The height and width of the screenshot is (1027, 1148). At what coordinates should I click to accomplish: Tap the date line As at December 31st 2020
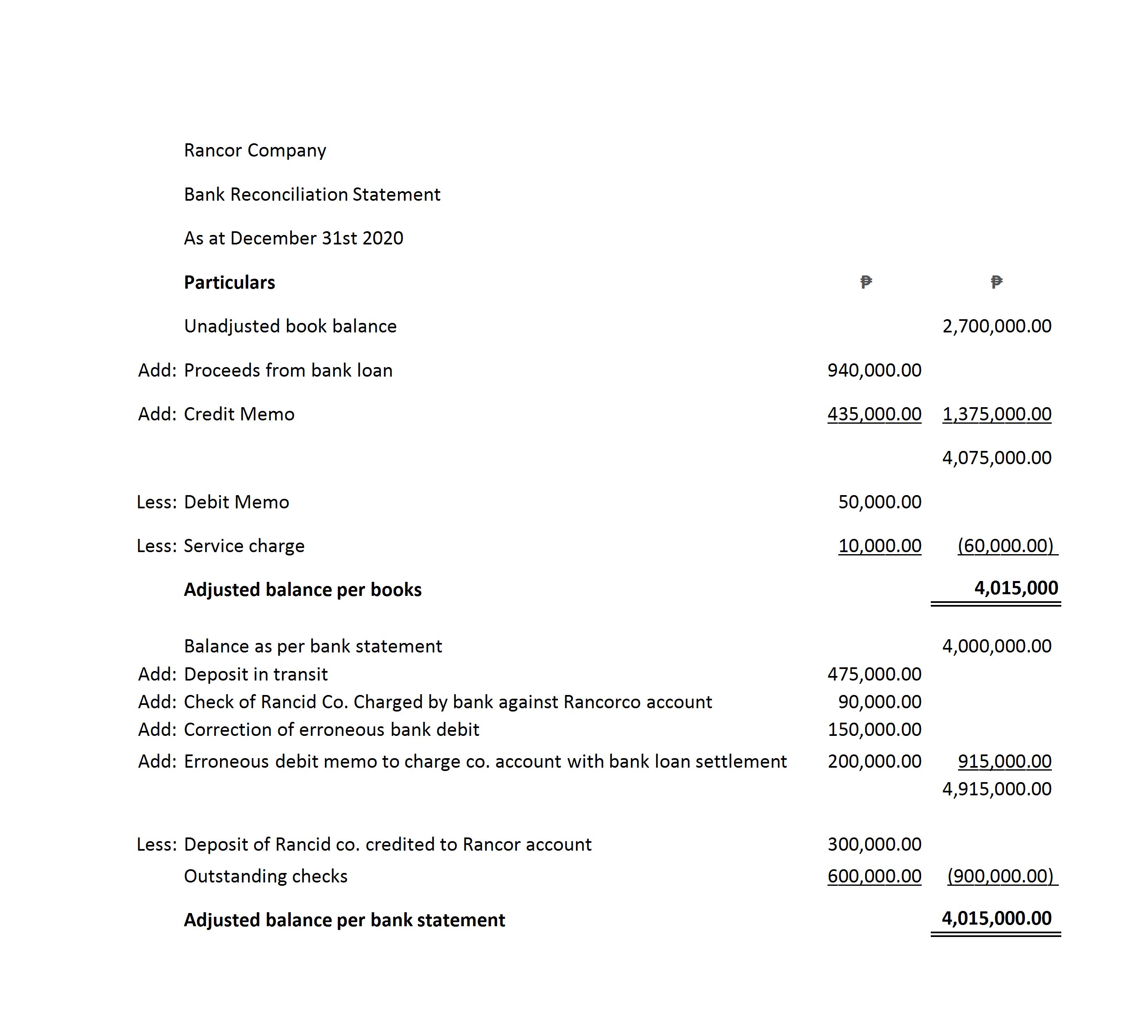pos(294,238)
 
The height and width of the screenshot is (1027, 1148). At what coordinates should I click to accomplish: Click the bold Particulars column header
pos(229,282)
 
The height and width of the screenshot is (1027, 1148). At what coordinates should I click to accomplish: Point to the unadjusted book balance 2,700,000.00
pos(997,326)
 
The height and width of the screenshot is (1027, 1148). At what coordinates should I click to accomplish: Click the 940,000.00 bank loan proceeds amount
pos(874,370)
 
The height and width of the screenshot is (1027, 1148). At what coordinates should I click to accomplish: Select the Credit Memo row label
pos(239,414)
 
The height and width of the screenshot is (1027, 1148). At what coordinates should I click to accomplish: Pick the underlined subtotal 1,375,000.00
pos(997,414)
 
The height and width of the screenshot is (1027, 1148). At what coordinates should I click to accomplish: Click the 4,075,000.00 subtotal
pos(997,458)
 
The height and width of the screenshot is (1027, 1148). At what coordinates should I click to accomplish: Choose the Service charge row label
pos(244,546)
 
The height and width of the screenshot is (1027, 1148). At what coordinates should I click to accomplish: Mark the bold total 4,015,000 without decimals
pos(1016,588)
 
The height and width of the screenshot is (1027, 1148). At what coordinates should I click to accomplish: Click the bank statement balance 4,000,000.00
pos(997,646)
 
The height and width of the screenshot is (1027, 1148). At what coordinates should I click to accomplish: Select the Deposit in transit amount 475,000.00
pos(874,674)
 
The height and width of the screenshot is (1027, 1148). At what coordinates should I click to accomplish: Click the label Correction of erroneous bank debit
pos(331,730)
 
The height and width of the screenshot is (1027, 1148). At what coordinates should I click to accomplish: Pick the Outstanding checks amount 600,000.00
pos(874,876)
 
